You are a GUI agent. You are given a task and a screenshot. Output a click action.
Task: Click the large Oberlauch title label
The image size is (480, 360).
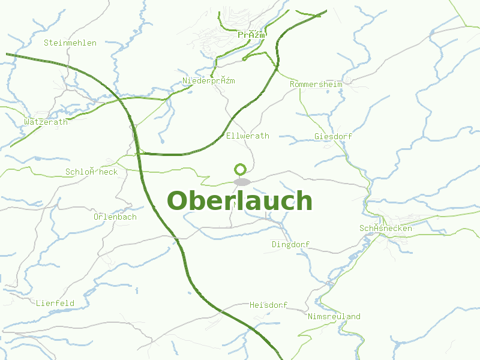240,201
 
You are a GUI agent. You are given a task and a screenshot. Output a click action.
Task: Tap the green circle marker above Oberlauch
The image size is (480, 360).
241,169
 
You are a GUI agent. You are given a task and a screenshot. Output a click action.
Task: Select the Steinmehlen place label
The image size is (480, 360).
70,43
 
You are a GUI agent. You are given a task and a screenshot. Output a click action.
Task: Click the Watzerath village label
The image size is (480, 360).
46,122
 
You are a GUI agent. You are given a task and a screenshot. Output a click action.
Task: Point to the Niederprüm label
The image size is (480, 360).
208,81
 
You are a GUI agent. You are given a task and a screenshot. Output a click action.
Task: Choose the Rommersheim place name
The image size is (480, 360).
316,85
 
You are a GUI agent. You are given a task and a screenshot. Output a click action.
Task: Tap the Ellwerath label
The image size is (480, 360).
248,136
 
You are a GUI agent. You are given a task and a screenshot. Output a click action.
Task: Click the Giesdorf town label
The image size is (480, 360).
333,137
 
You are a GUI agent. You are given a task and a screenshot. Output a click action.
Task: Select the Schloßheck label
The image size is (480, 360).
91,172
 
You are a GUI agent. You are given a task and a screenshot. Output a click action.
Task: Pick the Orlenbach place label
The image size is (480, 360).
115,217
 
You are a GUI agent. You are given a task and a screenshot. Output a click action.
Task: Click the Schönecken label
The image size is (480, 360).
386,229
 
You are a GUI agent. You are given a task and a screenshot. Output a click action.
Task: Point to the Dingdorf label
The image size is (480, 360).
291,244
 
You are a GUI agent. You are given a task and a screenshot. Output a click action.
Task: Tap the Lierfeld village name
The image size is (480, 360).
55,303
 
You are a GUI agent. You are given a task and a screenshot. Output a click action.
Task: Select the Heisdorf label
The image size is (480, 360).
269,305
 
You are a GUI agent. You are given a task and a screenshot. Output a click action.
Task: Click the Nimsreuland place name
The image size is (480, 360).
334,316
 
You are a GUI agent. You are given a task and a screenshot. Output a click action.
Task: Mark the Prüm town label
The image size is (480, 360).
251,35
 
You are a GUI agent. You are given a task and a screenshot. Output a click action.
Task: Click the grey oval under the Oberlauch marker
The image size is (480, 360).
242,182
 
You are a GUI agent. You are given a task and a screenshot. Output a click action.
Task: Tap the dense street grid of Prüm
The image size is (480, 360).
222,42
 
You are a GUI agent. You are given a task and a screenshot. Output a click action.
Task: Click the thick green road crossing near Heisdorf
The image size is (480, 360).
222,311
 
